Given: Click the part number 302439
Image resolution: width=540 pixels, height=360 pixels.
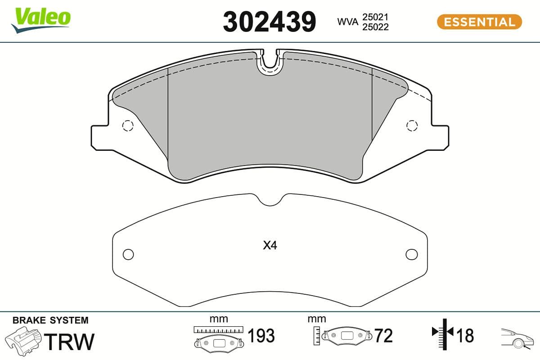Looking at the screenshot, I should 270,22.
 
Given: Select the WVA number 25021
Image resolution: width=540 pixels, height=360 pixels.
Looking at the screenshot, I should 375,17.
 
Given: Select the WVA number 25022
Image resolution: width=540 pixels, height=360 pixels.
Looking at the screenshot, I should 375,27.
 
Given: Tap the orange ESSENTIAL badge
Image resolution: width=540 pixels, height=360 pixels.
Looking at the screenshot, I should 479,22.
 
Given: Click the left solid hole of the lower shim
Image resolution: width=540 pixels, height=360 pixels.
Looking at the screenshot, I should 128,254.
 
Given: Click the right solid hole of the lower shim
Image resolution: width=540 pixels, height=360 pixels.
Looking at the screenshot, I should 411,254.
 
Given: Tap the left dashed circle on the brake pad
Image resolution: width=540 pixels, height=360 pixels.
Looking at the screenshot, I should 128,126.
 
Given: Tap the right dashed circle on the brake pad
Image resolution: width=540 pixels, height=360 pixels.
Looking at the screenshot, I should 411,126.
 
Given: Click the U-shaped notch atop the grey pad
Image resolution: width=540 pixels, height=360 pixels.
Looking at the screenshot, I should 270,63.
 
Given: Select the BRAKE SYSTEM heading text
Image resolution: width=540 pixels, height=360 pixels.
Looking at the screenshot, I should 50,320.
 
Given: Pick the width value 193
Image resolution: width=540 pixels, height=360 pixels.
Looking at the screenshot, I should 261,336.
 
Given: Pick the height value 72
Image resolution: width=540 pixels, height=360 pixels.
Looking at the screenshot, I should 383,336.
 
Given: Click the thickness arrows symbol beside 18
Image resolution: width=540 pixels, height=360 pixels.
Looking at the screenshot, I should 443,333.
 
